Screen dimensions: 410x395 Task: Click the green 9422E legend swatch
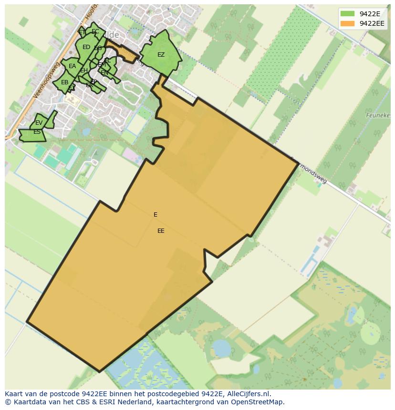tap(347, 14)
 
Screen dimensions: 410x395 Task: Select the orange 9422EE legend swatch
tap(347, 23)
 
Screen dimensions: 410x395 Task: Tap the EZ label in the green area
tap(161, 55)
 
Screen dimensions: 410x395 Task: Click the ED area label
tap(86, 47)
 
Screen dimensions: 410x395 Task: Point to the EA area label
tap(73, 66)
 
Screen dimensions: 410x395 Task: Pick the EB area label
tap(64, 82)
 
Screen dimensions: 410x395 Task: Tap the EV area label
tap(39, 123)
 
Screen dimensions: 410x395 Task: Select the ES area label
tap(37, 132)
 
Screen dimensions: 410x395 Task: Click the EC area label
tap(95, 32)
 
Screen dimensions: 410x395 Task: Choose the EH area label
tap(83, 71)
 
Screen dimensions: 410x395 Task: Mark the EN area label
tap(104, 73)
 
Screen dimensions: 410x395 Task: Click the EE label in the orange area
tap(161, 231)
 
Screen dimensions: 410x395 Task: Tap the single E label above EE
tap(156, 215)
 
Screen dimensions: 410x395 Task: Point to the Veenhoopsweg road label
tap(45, 80)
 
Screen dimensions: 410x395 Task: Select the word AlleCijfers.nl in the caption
tap(249, 394)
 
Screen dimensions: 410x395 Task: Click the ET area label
tap(82, 32)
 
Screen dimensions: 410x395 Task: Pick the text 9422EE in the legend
tap(372, 23)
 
